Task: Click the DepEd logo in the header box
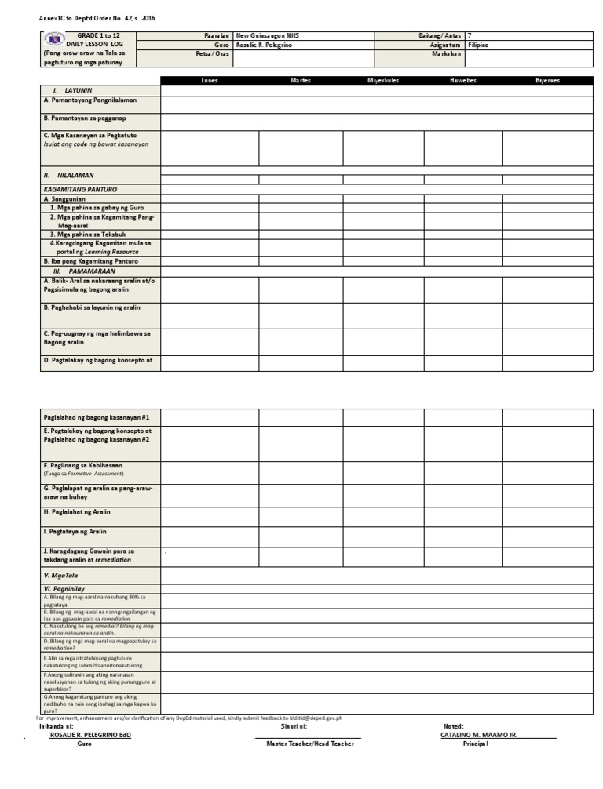(54, 39)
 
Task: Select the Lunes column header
(210, 81)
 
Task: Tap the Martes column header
(300, 81)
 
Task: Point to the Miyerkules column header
(383, 81)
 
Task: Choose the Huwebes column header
(462, 81)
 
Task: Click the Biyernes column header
(548, 81)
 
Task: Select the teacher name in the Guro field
(264, 45)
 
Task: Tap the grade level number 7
(470, 36)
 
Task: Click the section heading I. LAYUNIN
(72, 91)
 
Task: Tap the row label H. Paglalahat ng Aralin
(77, 512)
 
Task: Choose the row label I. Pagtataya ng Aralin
(75, 533)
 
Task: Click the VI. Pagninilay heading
(64, 588)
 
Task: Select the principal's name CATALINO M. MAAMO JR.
(479, 736)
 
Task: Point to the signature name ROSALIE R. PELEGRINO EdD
(90, 736)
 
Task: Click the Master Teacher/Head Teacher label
(310, 744)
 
